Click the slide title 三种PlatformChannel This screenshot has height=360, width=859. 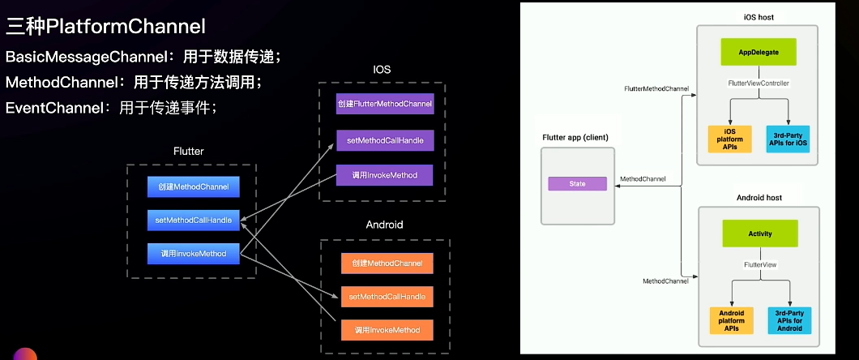(x=106, y=27)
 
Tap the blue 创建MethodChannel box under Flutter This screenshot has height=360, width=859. (x=193, y=187)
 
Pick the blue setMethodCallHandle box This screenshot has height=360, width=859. (x=193, y=221)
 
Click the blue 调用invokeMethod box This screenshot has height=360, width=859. (x=193, y=254)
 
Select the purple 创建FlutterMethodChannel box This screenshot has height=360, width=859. (x=385, y=105)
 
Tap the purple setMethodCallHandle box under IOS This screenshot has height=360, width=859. (x=385, y=140)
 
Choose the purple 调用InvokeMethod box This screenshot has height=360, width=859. (x=385, y=175)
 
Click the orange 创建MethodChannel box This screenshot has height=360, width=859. (x=387, y=264)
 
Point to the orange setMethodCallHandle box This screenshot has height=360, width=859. (x=387, y=297)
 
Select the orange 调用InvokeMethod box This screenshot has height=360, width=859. (x=387, y=330)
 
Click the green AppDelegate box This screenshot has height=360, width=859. (x=759, y=52)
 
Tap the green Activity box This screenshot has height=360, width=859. (x=760, y=234)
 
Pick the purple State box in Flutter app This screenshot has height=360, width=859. (x=577, y=184)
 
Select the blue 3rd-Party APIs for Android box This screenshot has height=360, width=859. (x=789, y=320)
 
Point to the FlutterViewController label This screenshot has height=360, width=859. (x=759, y=84)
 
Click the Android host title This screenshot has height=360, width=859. (x=759, y=197)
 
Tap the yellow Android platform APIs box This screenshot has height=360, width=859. (x=731, y=320)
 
